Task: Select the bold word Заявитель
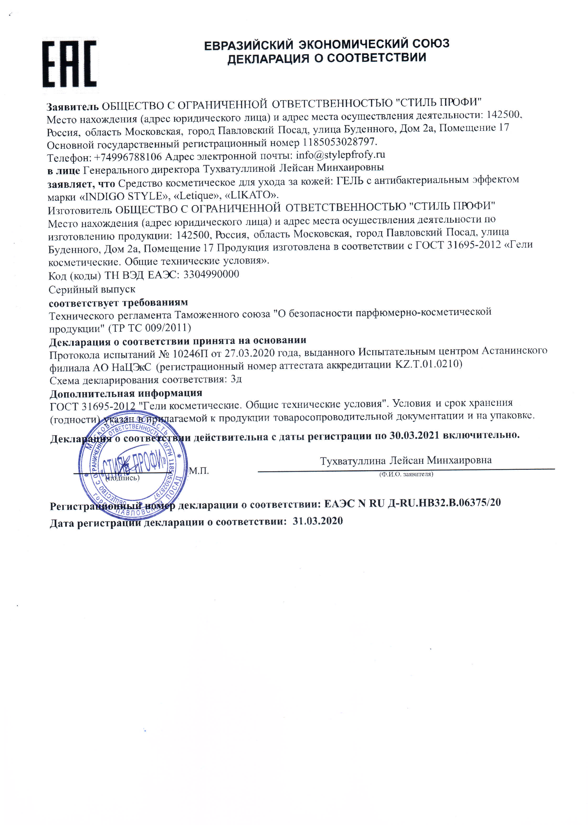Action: tap(72, 107)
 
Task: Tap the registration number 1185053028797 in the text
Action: tap(340, 141)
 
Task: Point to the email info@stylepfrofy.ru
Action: tap(340, 155)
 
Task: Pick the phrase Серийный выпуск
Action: tap(92, 289)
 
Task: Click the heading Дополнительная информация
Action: tap(126, 393)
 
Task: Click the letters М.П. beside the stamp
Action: tap(199, 471)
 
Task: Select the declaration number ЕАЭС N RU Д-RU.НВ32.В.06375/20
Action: tap(412, 503)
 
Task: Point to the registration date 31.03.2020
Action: tap(318, 521)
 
